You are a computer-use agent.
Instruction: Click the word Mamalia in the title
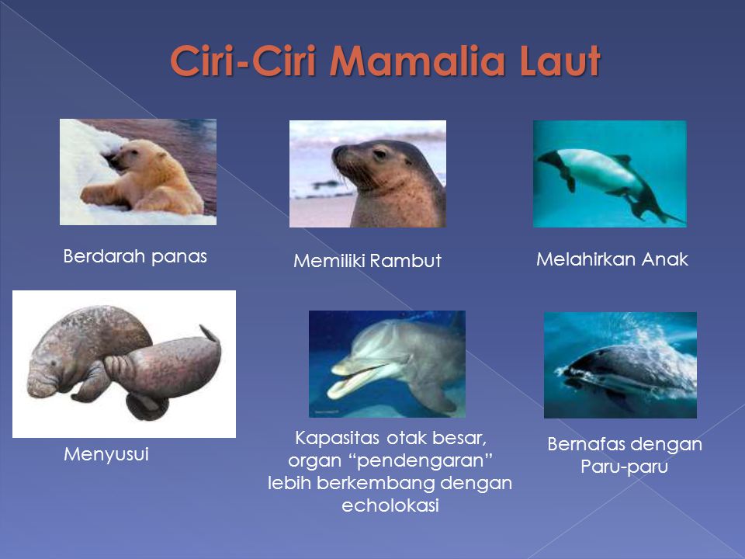(416, 61)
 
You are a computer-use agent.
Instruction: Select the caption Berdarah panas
(135, 257)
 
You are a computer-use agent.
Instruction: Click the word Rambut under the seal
(405, 261)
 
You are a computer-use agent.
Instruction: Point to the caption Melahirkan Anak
(612, 259)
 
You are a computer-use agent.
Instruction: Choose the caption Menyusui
(106, 454)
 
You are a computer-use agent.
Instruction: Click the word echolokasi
(390, 505)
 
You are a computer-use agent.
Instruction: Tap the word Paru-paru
(624, 467)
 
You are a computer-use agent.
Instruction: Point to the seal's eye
(380, 153)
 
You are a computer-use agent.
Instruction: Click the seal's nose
(336, 153)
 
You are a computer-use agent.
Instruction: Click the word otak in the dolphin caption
(407, 438)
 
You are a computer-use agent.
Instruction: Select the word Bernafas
(586, 444)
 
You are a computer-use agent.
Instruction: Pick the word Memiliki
(329, 261)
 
